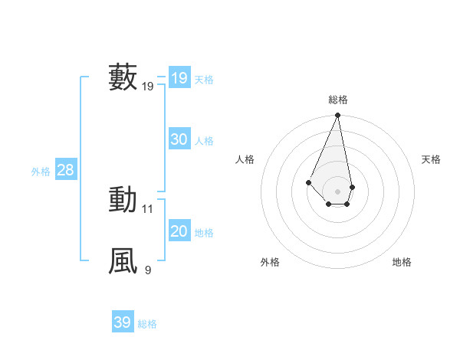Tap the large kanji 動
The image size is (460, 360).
coord(123,200)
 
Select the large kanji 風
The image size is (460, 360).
coord(123,260)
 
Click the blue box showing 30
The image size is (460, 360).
coord(179,139)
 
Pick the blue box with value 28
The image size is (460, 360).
coord(65,170)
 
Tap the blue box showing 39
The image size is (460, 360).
coord(122,322)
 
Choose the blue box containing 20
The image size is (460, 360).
coord(179,231)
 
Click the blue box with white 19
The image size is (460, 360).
coord(179,78)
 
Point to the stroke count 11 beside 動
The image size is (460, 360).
coord(148,208)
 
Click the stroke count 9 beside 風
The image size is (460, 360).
coord(148,270)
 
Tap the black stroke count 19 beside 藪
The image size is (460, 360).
coord(148,87)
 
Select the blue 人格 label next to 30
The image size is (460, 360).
coord(204,141)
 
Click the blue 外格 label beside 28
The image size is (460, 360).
coord(41,172)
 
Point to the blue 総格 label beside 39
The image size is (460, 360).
coord(147,324)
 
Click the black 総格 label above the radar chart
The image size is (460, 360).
coord(337,100)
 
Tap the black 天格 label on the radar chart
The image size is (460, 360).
coord(431,159)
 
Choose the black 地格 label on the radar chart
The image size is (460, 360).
coord(402,262)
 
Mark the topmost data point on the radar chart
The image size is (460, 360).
coord(337,116)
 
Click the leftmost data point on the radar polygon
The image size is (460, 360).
coord(308,182)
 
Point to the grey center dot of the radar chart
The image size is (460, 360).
coord(337,191)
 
